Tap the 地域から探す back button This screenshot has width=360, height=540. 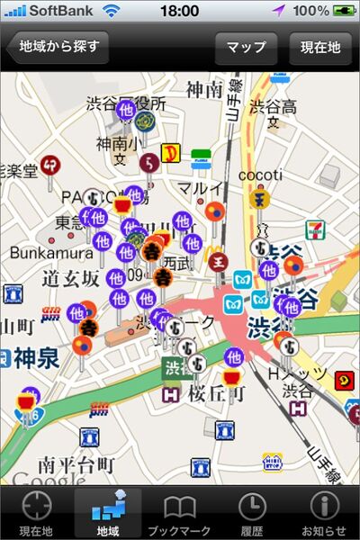click(x=57, y=47)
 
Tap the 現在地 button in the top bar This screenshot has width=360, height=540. click(x=320, y=48)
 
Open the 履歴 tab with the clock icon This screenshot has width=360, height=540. click(x=252, y=513)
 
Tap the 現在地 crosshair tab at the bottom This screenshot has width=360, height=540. click(x=36, y=513)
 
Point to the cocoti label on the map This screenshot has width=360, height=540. click(x=260, y=175)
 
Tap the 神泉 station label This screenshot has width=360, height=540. click(x=36, y=358)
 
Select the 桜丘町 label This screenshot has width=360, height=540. click(x=217, y=394)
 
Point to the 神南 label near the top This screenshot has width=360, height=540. click(x=204, y=90)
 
